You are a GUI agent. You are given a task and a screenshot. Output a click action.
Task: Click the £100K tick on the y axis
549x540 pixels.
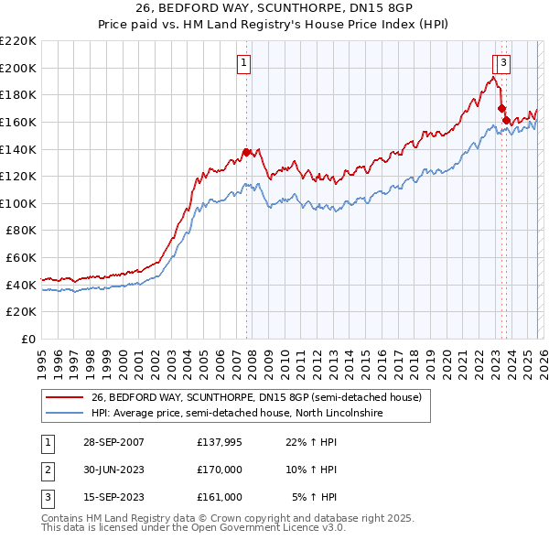(x=18, y=203)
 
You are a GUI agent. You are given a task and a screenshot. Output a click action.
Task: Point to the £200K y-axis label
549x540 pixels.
(x=18, y=68)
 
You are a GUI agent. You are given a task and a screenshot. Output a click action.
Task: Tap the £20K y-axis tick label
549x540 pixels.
(x=21, y=312)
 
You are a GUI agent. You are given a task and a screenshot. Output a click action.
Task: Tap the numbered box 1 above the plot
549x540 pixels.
(x=245, y=63)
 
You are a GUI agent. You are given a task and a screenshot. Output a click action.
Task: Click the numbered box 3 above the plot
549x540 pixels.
(x=504, y=63)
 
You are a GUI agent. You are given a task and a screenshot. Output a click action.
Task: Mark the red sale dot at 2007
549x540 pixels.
(x=246, y=153)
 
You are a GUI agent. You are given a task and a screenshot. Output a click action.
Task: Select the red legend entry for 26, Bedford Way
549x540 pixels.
(x=256, y=397)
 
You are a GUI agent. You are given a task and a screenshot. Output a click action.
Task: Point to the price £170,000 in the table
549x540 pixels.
(x=220, y=470)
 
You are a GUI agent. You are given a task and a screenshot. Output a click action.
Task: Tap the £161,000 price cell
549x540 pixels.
(x=220, y=497)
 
